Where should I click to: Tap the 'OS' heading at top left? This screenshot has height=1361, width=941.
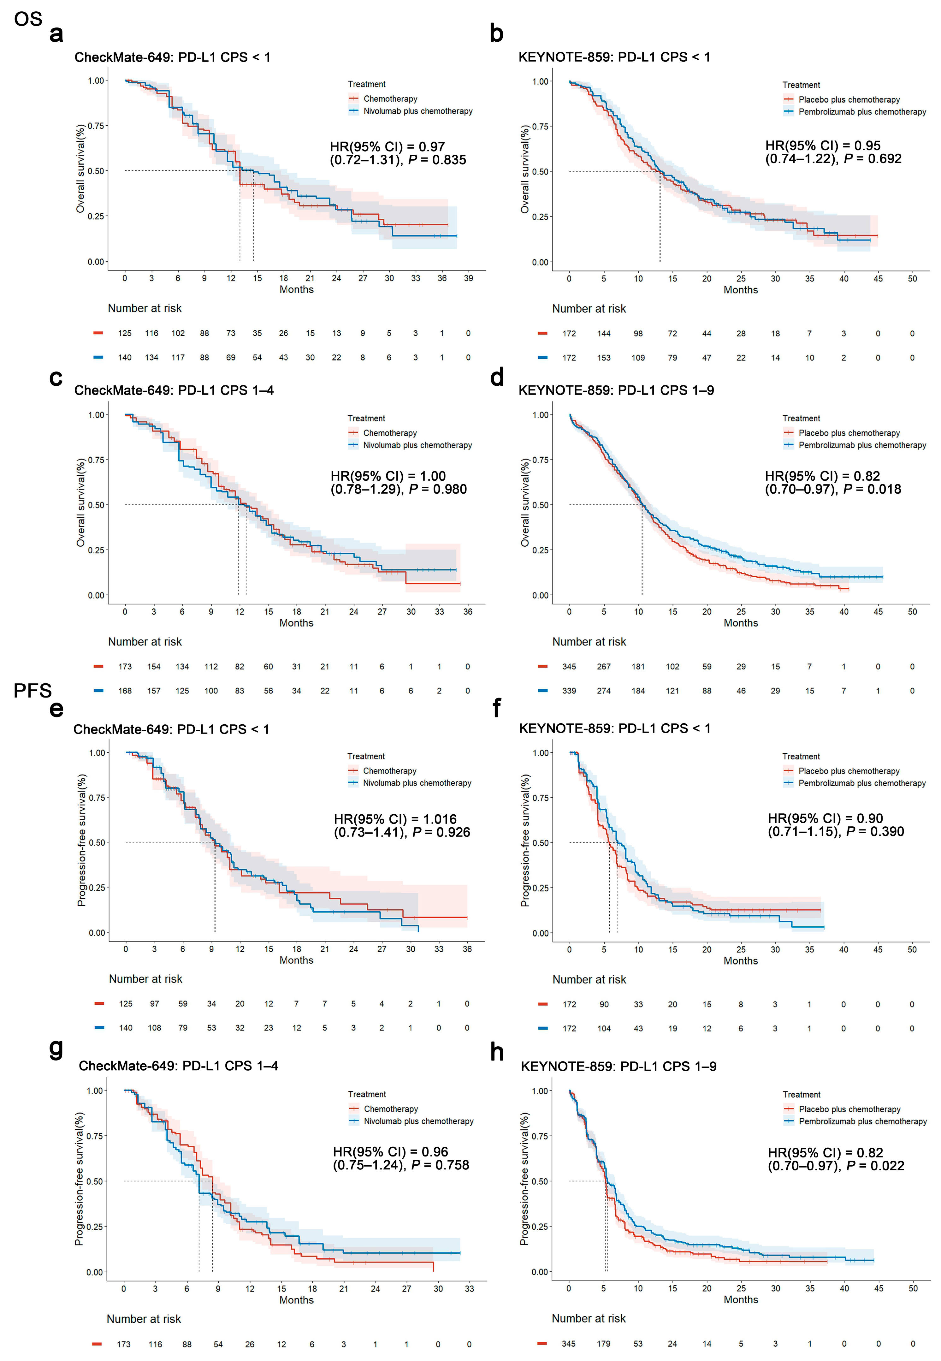pos(28,19)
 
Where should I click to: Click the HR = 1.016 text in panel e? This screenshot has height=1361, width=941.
pos(395,819)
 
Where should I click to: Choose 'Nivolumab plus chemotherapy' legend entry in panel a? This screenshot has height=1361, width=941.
pos(417,111)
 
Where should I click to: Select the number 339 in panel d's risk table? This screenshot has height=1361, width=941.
pos(569,691)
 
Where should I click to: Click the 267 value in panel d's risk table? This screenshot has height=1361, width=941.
pos(604,666)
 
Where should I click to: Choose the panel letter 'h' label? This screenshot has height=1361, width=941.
pos(497,1052)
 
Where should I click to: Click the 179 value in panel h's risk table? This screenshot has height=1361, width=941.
pos(603,1344)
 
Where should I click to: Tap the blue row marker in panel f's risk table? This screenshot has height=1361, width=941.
pos(542,1028)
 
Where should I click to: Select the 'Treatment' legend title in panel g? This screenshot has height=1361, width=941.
pos(367,1095)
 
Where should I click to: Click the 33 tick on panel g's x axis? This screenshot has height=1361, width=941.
pos(469,1289)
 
